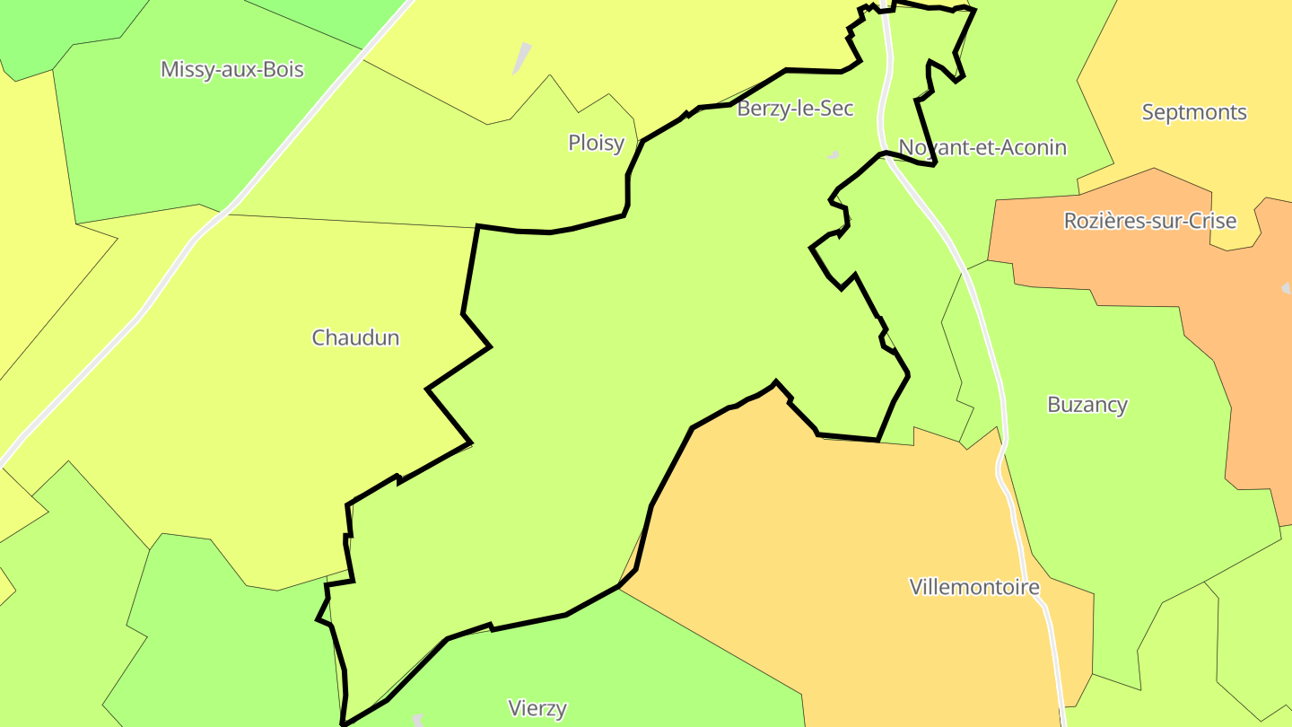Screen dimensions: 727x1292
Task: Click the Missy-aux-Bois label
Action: click(231, 70)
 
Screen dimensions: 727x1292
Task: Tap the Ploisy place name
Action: click(596, 143)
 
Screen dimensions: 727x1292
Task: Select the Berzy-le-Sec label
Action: click(795, 109)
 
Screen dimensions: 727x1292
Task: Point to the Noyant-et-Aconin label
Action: click(982, 147)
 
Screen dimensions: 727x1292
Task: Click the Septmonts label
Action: click(1193, 113)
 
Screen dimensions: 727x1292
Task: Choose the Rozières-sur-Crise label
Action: click(1149, 221)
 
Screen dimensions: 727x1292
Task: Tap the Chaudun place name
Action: click(355, 338)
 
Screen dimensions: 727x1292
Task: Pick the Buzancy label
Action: click(1087, 405)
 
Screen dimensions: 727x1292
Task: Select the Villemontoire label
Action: click(973, 588)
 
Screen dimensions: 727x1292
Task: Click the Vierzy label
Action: click(537, 709)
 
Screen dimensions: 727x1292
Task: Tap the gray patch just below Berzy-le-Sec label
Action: click(834, 156)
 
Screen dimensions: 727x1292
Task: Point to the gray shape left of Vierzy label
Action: click(418, 719)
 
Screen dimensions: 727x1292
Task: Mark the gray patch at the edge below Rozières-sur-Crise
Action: click(1287, 288)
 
